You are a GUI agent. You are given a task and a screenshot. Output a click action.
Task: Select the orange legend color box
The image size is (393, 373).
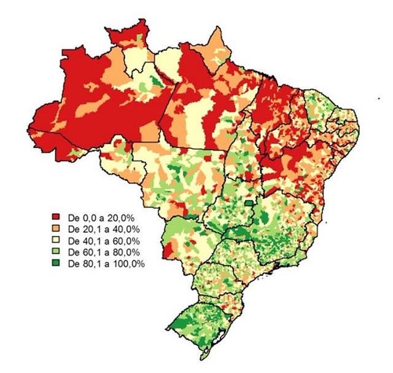[x=56, y=229]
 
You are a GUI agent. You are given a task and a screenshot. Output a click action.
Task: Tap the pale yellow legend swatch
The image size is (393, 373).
[x=56, y=240]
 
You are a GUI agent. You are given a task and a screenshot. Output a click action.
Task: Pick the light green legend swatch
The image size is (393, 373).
[x=56, y=252]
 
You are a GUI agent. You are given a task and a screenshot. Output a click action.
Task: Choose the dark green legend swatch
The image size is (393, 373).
[x=56, y=263]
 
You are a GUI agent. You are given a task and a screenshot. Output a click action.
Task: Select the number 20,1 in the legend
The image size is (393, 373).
[x=91, y=229]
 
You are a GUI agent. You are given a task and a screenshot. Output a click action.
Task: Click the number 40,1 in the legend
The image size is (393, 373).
[x=91, y=240]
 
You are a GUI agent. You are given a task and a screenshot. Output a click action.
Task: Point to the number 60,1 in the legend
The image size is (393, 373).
[x=91, y=252]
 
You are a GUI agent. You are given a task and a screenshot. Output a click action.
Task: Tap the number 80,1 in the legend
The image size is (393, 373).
[x=91, y=263]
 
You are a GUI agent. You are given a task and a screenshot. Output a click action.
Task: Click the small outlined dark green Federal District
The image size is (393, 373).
[x=249, y=202]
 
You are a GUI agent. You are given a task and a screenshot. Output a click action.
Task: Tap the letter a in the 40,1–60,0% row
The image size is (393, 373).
[x=106, y=240]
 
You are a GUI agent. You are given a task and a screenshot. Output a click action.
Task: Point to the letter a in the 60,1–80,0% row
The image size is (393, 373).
[x=106, y=252]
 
